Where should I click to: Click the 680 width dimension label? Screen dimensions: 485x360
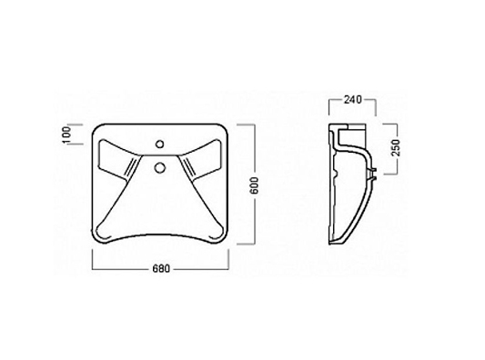[161, 269]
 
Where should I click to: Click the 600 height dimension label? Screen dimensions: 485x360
[254, 185]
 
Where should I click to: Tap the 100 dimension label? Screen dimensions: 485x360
[66, 135]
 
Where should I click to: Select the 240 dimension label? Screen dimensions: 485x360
[352, 100]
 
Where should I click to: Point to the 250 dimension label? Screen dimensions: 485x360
[396, 148]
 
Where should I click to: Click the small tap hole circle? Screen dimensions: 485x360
[160, 144]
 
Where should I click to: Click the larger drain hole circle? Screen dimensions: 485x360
[159, 168]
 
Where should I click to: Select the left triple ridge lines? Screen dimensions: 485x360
[131, 167]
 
